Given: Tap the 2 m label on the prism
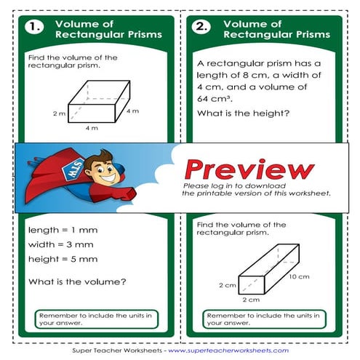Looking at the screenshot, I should (x=59, y=114).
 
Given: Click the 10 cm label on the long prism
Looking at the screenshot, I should (x=299, y=277).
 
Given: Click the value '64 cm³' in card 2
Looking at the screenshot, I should (x=216, y=99).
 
